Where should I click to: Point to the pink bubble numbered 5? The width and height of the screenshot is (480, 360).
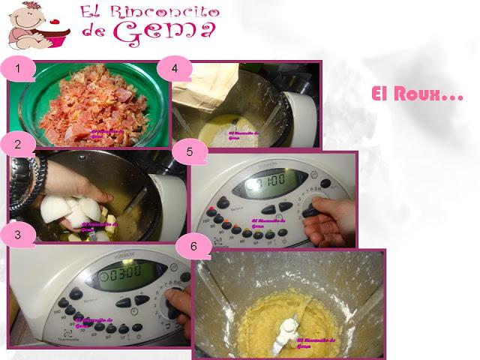pyautogui.click(x=190, y=151)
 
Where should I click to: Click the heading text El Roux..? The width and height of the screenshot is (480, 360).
pyautogui.click(x=417, y=95)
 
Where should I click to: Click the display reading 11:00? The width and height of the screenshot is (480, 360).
pyautogui.click(x=268, y=183)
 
